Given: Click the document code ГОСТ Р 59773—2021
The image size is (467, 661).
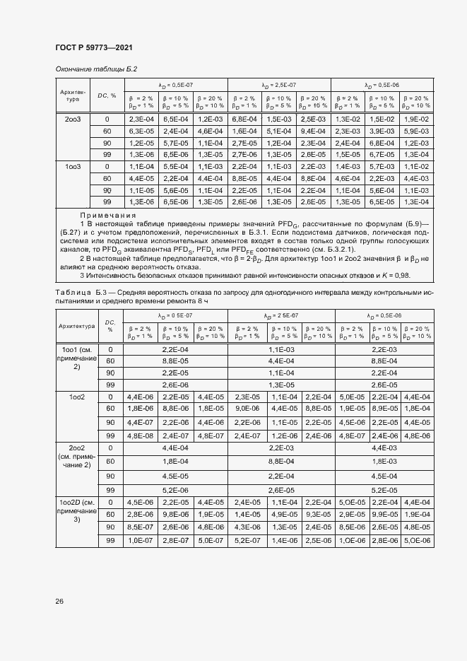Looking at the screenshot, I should (x=93, y=47).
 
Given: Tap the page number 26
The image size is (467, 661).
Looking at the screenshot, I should (x=59, y=601).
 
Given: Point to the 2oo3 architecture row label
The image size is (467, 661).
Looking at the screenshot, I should (x=73, y=119).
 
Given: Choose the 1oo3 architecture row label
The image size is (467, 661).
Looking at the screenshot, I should (x=73, y=167).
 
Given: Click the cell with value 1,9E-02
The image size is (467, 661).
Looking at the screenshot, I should (x=416, y=119).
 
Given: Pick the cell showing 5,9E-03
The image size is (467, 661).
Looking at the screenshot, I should (x=416, y=131).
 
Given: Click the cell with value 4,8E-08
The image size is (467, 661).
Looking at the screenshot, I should (x=139, y=435).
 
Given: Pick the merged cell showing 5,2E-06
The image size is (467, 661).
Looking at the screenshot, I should (x=175, y=490).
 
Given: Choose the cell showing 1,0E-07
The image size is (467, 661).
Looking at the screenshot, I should (x=139, y=540).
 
